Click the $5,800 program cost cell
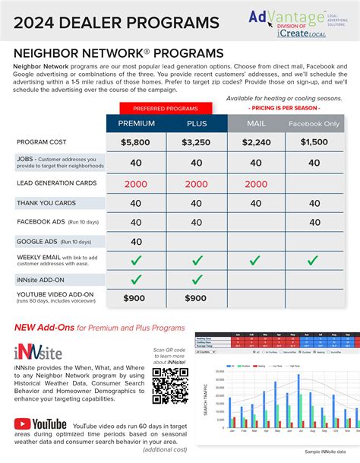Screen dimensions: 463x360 coord(135,142)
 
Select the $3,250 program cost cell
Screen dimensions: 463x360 coord(196,142)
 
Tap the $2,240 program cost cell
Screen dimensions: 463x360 coord(255,142)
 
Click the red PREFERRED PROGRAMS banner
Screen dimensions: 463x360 coord(166,108)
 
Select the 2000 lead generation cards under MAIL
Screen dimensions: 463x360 coord(255,183)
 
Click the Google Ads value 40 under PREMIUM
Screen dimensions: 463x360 coord(135,242)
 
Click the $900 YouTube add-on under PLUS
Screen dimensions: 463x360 coord(196,298)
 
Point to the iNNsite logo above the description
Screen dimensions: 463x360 coord(37,351)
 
